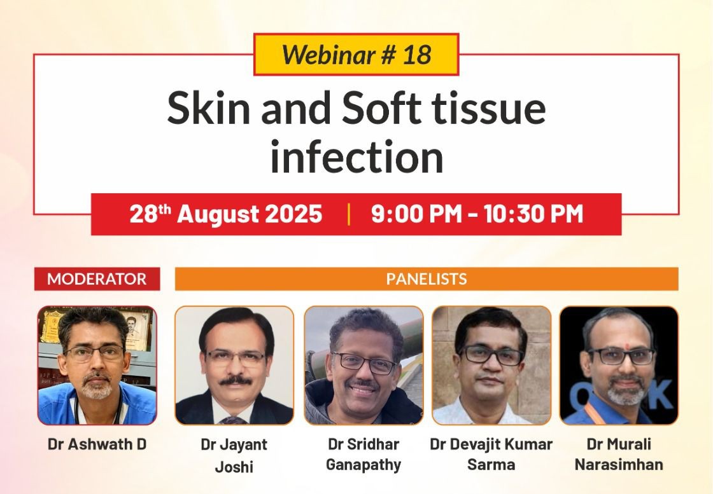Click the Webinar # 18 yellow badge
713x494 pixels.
click(356, 55)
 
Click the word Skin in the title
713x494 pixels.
click(208, 108)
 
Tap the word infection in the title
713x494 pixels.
click(357, 156)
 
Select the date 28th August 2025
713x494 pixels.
click(226, 214)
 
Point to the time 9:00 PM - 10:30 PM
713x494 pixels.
click(477, 214)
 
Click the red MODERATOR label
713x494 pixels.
click(97, 278)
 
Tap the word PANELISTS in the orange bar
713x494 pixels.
click(427, 278)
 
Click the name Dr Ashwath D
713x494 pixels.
click(97, 444)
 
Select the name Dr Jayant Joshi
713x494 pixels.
click(234, 455)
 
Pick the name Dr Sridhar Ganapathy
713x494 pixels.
click(364, 455)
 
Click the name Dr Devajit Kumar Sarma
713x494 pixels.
click(491, 455)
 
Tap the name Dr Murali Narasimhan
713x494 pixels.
click(619, 455)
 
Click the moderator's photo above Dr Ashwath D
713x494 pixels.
click(97, 366)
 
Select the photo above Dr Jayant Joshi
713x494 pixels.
click(234, 366)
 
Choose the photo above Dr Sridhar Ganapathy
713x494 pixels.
click(364, 366)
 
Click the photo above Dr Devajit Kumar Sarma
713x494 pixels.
click(491, 366)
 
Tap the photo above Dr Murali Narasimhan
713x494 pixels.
click(619, 366)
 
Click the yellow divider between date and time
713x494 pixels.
click(349, 214)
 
